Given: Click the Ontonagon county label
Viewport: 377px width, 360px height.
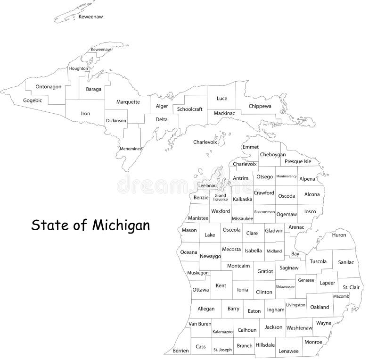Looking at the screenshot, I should (x=49, y=86).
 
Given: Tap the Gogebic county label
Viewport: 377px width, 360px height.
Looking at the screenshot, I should (x=33, y=100).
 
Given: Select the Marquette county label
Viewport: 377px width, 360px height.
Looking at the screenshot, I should (x=128, y=101).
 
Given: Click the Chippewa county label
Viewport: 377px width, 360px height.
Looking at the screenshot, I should (x=260, y=106).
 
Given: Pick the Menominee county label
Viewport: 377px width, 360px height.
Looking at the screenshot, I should (x=130, y=149).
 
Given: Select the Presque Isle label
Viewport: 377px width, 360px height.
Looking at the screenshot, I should (x=298, y=161).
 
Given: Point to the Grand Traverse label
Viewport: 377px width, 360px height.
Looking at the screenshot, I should (x=220, y=197).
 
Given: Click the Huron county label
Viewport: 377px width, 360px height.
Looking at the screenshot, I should (x=339, y=235).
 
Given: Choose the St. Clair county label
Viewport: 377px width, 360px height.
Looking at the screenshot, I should (x=351, y=287).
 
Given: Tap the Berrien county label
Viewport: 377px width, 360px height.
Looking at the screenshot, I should (x=181, y=351).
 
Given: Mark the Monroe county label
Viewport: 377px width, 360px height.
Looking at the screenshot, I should (x=313, y=342).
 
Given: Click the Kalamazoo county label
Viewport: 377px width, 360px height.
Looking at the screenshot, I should (x=222, y=332).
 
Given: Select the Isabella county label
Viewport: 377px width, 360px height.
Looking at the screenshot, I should (x=253, y=251).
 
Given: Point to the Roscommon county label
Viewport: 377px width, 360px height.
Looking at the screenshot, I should (x=264, y=212).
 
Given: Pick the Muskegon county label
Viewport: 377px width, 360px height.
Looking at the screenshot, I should (x=198, y=273).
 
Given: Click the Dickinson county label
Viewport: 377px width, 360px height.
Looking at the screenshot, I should (x=116, y=120).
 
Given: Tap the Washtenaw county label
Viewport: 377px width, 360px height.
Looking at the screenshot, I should (x=300, y=327).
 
